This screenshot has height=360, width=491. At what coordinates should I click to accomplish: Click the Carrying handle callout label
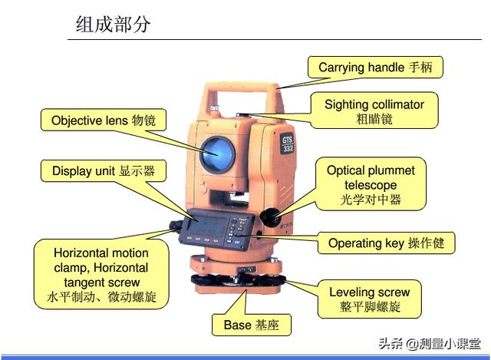coord(375,67)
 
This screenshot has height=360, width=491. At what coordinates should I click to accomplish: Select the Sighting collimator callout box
coord(374,111)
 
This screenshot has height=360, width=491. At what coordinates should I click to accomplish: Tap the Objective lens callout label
coord(104,120)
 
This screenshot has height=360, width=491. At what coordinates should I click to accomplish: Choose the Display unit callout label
coord(104,170)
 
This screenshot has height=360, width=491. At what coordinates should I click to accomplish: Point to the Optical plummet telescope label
coord(371,184)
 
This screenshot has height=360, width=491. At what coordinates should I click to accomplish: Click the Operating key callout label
coord(386,243)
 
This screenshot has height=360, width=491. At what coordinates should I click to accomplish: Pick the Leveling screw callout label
coord(370,299)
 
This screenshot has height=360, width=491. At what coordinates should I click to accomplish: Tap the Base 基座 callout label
coord(252,325)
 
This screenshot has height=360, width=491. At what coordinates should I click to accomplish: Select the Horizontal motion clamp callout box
coord(101,274)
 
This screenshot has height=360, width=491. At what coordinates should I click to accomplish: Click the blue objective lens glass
coord(217,154)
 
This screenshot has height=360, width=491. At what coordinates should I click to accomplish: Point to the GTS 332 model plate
coord(287,144)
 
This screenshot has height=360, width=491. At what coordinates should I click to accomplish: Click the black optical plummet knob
coord(270,216)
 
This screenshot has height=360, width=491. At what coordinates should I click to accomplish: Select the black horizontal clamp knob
coord(176,225)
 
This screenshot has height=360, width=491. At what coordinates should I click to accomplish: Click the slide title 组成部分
coord(113,24)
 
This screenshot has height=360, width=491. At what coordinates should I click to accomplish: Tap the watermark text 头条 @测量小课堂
coord(430,344)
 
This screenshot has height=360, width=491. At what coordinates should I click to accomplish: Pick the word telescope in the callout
coord(371,185)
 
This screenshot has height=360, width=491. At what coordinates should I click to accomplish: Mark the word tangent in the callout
coord(83,282)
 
